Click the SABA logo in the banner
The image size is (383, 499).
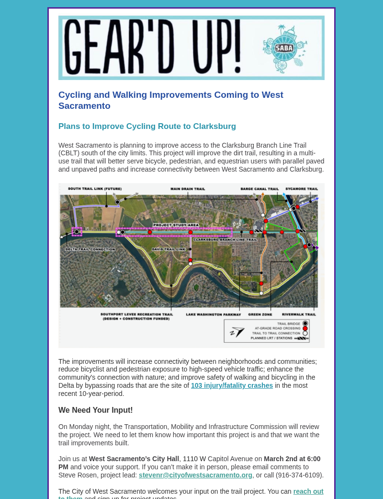point(284,48)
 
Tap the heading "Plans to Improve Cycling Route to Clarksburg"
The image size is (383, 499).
point(147,127)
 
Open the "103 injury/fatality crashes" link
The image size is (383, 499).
point(232,385)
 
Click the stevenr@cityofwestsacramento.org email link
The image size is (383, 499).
point(195,475)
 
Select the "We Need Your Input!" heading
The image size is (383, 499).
point(95,410)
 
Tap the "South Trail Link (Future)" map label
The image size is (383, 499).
point(95,189)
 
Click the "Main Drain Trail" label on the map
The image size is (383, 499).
point(188,189)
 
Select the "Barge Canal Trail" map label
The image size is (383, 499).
point(259,189)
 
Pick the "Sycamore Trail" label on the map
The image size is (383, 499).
point(302,189)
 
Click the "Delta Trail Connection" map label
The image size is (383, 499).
point(90,249)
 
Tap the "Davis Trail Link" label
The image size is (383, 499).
point(169,249)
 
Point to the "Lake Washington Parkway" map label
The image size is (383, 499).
point(214,314)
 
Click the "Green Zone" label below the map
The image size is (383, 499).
point(260,314)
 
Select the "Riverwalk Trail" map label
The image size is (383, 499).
point(299,314)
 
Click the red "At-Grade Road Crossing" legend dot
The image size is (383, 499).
point(305,328)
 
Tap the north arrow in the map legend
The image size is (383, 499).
point(237,332)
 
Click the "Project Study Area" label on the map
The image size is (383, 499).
point(176,225)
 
